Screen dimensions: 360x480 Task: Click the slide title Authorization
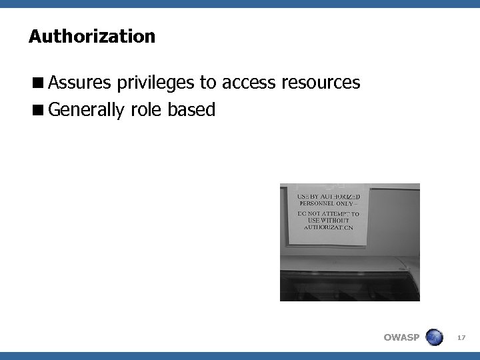92,36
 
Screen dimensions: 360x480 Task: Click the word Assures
80,83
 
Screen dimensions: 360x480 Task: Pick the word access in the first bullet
249,83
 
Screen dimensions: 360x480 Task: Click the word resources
321,83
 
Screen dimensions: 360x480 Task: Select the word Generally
86,109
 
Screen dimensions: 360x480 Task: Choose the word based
192,109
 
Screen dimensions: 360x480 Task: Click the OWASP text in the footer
401,337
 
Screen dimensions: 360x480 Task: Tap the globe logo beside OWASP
434,337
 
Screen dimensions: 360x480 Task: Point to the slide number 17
461,338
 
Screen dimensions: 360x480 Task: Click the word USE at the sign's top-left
303,197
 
